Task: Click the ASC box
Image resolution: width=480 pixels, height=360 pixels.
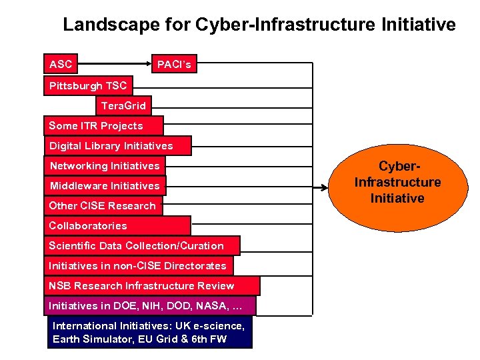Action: coord(61,64)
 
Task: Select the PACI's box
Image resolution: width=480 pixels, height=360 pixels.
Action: coord(174,65)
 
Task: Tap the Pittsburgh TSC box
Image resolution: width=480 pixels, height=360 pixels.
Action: coord(88,85)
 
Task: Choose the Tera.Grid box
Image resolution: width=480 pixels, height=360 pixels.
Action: coord(123,105)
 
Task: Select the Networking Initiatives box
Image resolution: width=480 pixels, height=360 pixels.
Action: coord(105,165)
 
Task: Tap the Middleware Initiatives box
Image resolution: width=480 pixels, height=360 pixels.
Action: coord(105,185)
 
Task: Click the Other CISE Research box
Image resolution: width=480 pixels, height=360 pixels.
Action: coord(102,205)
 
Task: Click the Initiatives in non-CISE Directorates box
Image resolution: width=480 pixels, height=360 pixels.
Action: coord(137,265)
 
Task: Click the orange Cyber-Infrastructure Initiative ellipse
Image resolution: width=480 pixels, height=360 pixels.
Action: coord(398,182)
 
